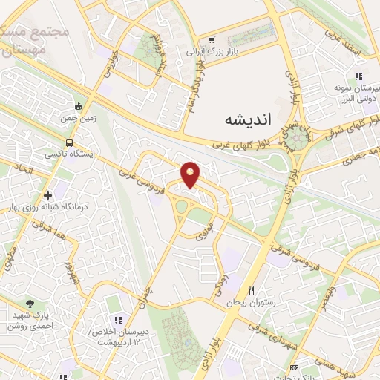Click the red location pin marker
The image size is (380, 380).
point(191,174)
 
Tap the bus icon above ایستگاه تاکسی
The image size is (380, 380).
point(68,142)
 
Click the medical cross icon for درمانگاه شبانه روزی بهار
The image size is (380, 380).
point(48,194)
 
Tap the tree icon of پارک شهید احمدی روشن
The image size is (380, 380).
point(30,303)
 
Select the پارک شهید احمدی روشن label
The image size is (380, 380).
point(30,320)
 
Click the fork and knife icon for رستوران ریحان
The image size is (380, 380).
point(251,290)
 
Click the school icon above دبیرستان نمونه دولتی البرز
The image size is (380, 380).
point(358,77)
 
